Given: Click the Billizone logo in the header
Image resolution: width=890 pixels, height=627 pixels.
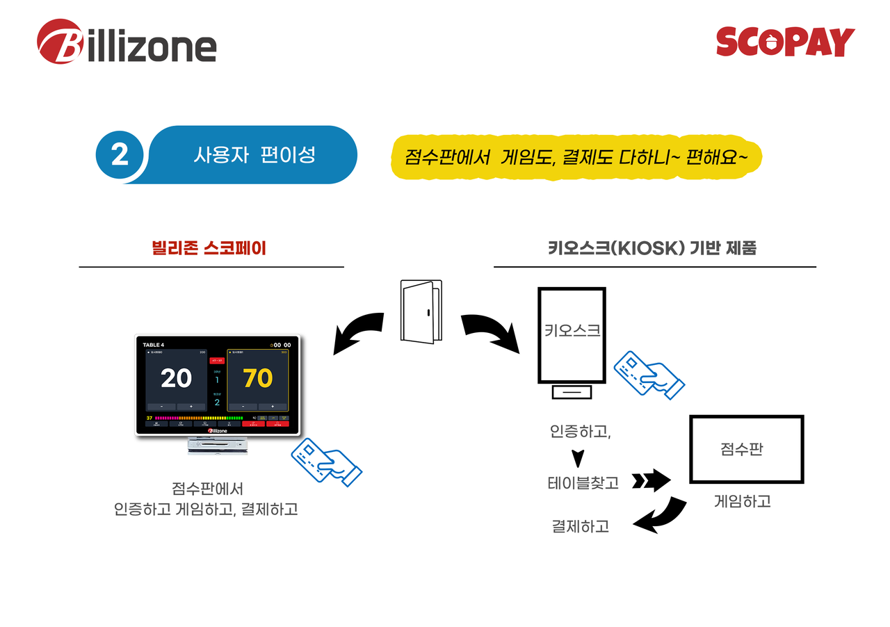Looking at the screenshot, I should (127, 42).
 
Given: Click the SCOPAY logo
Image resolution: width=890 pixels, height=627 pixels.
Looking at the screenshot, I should (785, 42).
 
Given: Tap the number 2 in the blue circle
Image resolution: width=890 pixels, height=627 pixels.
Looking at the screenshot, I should (120, 154).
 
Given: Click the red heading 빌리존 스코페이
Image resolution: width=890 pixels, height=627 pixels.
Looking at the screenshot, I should (209, 247).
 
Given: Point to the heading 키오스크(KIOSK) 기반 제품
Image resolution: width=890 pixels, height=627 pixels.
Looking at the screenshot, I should (652, 248).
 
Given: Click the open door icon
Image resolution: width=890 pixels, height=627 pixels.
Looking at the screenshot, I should (421, 311).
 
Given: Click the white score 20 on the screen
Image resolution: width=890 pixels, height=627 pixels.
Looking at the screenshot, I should (176, 378).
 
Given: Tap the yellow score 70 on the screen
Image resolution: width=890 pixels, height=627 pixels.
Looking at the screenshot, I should (257, 378).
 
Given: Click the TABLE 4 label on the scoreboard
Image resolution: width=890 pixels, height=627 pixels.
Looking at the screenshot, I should (154, 345).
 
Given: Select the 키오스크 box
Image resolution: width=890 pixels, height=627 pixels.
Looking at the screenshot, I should (572, 335).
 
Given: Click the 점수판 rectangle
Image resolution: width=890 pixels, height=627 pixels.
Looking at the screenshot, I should (746, 449).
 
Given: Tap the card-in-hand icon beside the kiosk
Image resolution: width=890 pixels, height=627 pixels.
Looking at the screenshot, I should (649, 375).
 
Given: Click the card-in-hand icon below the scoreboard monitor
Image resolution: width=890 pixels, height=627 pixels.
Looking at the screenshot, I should (326, 461).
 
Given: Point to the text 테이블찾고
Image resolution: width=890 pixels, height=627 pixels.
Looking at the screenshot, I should (583, 482).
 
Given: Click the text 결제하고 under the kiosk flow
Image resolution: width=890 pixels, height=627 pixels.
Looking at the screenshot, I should (580, 526).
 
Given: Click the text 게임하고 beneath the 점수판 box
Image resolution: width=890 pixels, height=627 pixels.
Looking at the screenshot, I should (742, 500).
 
